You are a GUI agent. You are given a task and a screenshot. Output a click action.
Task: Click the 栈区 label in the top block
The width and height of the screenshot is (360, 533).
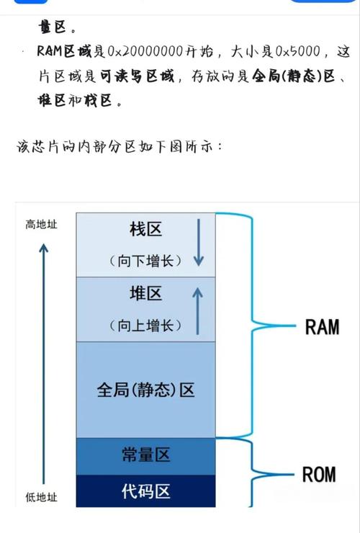[146, 230]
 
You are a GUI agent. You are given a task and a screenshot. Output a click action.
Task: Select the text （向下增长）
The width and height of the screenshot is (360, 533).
[146, 260]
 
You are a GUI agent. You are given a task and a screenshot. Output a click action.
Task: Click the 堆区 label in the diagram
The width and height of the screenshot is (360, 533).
[146, 294]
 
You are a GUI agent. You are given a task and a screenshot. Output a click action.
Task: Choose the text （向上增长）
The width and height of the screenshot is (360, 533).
[146, 325]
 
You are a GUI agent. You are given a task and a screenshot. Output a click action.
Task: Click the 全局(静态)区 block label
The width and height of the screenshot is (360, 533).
[146, 390]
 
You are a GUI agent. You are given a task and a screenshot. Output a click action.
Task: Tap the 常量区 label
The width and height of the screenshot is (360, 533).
[146, 455]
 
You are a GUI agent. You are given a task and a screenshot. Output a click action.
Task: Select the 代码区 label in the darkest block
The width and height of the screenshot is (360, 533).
[146, 492]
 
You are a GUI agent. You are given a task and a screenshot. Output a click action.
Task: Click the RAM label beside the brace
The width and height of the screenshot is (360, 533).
[322, 327]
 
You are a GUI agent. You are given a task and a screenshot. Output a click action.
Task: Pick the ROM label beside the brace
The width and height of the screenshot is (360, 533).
[318, 475]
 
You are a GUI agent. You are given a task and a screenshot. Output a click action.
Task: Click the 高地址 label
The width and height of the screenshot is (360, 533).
[42, 225]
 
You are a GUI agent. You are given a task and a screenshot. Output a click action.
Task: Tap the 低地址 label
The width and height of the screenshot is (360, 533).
[42, 498]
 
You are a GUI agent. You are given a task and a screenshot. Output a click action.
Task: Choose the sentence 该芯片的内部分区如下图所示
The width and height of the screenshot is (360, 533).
[120, 147]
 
